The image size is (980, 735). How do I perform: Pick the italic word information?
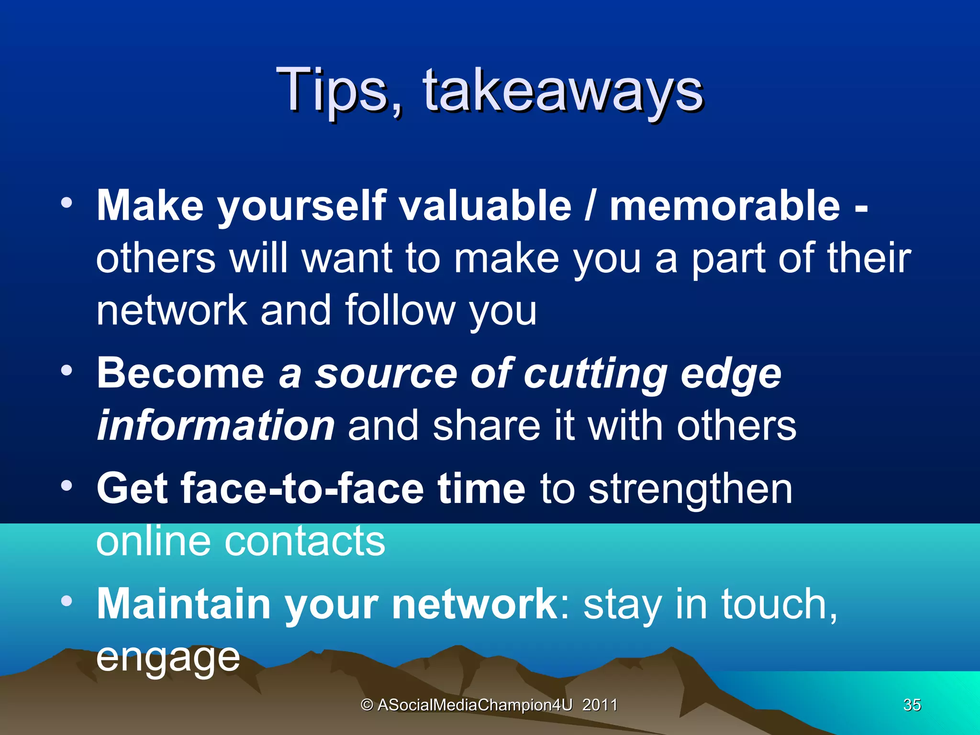[x=215, y=425]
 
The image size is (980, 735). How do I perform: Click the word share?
[x=486, y=425]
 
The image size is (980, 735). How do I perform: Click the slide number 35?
[x=912, y=705]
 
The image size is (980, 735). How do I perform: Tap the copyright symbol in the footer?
[x=367, y=705]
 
